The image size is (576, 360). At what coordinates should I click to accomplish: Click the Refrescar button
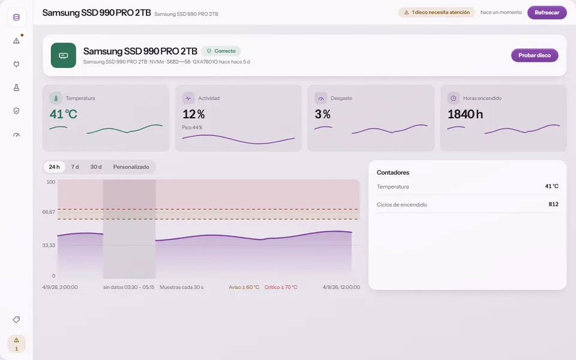click(547, 13)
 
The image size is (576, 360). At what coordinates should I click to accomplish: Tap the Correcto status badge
click(221, 51)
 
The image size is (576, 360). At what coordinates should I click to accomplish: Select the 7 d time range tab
click(75, 167)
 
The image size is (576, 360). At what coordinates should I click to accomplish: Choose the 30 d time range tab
click(96, 167)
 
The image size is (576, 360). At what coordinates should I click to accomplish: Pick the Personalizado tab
click(131, 167)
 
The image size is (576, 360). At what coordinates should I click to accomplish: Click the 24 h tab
click(54, 167)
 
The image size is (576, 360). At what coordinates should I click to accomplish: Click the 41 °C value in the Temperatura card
click(64, 114)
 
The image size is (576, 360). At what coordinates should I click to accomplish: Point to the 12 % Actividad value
click(194, 114)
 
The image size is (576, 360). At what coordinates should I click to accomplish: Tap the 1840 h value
click(465, 114)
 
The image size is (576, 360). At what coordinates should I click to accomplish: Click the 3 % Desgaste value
click(323, 114)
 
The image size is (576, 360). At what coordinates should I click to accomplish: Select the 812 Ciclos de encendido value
click(553, 204)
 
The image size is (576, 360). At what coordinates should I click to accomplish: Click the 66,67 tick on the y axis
click(49, 212)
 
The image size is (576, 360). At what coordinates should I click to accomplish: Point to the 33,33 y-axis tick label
click(49, 245)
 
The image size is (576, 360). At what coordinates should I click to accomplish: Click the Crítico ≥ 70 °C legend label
click(281, 287)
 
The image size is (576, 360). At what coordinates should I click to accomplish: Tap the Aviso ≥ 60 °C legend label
click(244, 287)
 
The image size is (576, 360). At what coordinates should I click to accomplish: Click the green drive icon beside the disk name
click(64, 55)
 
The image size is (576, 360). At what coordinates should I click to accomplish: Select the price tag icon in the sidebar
click(16, 320)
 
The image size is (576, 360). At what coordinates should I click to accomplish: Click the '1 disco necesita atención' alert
click(437, 13)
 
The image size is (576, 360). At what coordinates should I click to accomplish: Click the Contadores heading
click(392, 173)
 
